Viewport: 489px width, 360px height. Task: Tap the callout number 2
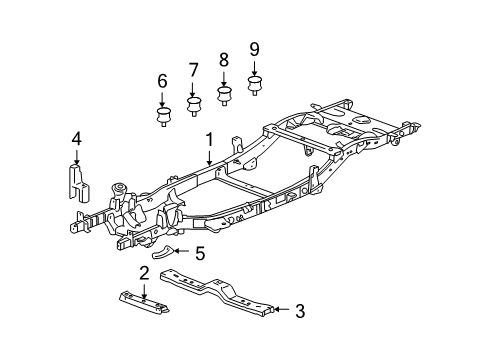pos(144,273)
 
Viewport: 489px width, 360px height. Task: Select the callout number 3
pos(299,311)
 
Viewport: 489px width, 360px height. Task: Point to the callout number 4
pos(76,139)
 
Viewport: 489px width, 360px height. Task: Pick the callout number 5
pos(199,253)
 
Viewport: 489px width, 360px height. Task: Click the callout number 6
pos(162,81)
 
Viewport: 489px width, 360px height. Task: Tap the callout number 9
pos(254,48)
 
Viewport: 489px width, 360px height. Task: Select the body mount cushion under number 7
pos(193,104)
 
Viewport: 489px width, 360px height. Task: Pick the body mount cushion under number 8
pos(224,95)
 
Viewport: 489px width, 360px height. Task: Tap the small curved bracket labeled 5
pos(169,251)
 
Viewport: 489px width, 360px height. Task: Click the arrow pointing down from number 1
pos(209,155)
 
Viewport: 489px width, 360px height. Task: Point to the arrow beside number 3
pos(282,311)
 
